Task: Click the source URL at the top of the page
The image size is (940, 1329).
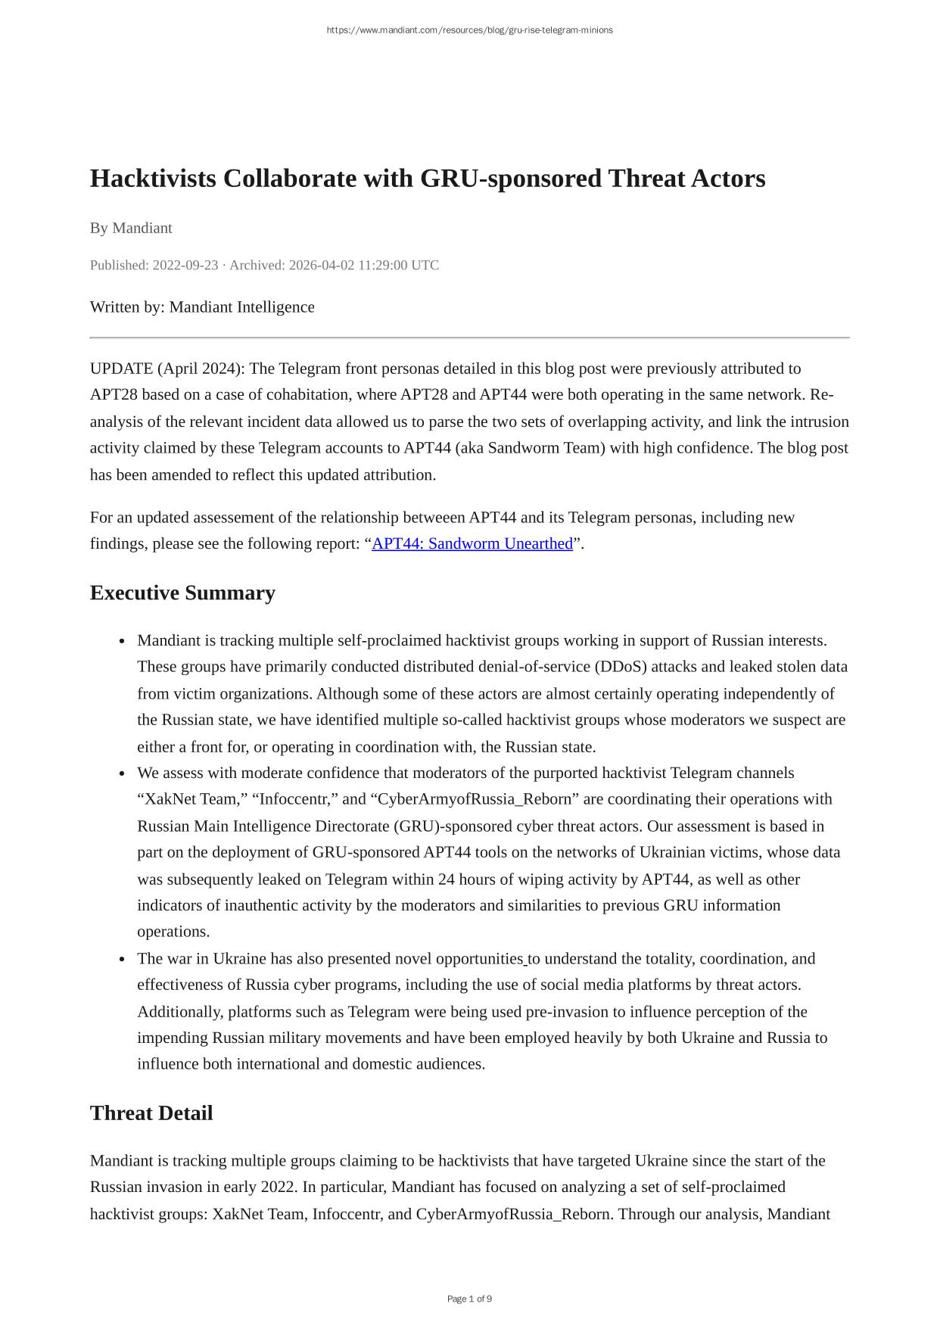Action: [469, 30]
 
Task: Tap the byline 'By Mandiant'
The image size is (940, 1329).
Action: [131, 228]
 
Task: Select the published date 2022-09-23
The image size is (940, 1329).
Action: [185, 265]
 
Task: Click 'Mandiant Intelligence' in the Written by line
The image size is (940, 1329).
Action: [241, 307]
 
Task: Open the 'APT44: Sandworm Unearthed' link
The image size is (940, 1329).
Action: [472, 543]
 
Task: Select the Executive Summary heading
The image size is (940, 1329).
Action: [182, 593]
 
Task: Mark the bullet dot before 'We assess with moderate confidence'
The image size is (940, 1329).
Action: [122, 773]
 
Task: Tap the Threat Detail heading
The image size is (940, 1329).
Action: [151, 1113]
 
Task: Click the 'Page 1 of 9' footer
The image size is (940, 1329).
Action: [469, 1299]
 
